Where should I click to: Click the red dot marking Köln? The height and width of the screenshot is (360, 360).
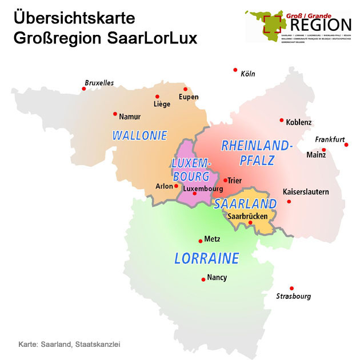click(235, 70)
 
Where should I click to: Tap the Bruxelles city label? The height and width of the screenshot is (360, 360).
click(99, 83)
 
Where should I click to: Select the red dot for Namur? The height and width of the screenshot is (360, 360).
click(115, 114)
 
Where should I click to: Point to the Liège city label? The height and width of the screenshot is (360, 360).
click(162, 105)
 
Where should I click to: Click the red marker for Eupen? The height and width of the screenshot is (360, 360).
click(185, 89)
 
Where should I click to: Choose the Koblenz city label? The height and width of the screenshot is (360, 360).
click(299, 122)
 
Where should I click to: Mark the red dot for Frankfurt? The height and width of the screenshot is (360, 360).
click(346, 145)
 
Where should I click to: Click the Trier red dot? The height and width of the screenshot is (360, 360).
click(225, 181)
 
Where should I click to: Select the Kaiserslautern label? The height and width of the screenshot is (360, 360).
click(306, 192)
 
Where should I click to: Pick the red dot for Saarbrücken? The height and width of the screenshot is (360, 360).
click(250, 223)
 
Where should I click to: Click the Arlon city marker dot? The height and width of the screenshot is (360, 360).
click(176, 186)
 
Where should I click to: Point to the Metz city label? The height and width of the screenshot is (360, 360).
click(212, 239)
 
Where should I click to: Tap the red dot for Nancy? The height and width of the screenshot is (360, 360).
click(203, 279)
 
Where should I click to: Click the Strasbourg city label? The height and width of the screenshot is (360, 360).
click(293, 297)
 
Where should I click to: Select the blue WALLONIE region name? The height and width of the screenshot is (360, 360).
click(139, 136)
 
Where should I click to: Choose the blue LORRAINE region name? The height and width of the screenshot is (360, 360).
click(206, 258)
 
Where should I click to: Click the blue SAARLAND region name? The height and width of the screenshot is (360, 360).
click(246, 204)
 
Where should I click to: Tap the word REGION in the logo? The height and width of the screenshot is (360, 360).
click(320, 25)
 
